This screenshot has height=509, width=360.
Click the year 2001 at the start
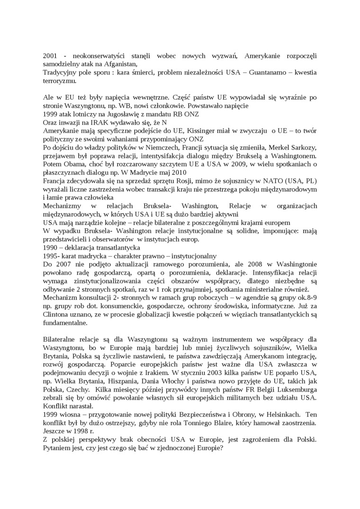point(50,56)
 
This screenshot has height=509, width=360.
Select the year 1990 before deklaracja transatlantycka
point(50,247)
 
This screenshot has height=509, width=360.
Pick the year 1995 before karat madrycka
point(50,256)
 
